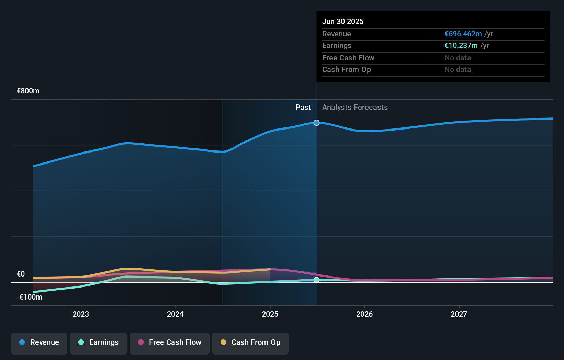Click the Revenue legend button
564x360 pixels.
pyautogui.click(x=39, y=342)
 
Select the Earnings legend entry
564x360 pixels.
pyautogui.click(x=99, y=342)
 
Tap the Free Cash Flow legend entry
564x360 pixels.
pyautogui.click(x=170, y=342)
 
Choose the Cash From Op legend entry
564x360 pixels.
pyautogui.click(x=250, y=342)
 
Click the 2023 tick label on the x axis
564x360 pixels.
pyautogui.click(x=81, y=314)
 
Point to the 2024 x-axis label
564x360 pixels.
pyautogui.click(x=175, y=314)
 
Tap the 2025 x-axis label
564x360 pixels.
pyautogui.click(x=270, y=314)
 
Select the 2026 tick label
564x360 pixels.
pyautogui.click(x=364, y=314)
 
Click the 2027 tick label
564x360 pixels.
pyautogui.click(x=459, y=314)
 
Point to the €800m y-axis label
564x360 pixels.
pyautogui.click(x=28, y=91)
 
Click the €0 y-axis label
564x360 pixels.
pyautogui.click(x=21, y=274)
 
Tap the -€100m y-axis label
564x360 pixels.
pyautogui.click(x=30, y=297)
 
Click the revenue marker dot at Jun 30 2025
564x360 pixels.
pyautogui.click(x=317, y=123)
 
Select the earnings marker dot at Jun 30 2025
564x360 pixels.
pyautogui.click(x=317, y=280)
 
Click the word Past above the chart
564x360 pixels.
pyautogui.click(x=303, y=108)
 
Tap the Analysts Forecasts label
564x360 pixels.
pyautogui.click(x=355, y=108)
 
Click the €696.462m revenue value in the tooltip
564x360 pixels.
pyautogui.click(x=463, y=34)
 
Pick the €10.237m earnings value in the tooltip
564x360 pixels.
pyautogui.click(x=461, y=46)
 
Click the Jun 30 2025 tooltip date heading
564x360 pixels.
pyautogui.click(x=343, y=21)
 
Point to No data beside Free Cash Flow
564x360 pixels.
pyautogui.click(x=458, y=58)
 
